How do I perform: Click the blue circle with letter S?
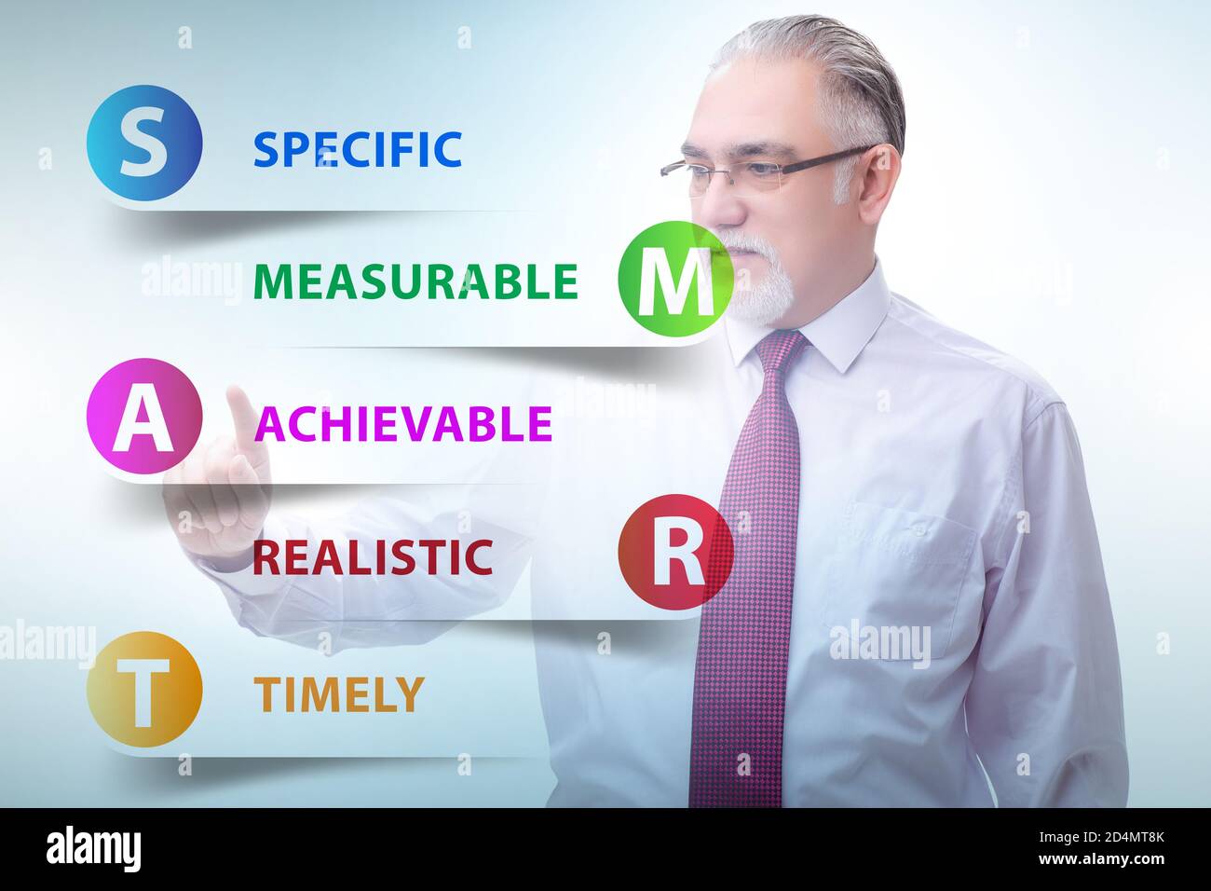[x=144, y=143]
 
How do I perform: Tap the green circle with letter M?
[x=675, y=278]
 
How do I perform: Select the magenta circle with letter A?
[x=144, y=417]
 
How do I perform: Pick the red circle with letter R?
[x=675, y=552]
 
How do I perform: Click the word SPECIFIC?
[x=358, y=149]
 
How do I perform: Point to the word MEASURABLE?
[x=415, y=281]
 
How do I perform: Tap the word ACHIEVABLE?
[x=403, y=424]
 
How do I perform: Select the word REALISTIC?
[x=373, y=557]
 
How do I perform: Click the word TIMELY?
[x=339, y=693]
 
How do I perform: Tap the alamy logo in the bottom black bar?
[x=94, y=849]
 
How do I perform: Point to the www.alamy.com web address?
[x=1103, y=859]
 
